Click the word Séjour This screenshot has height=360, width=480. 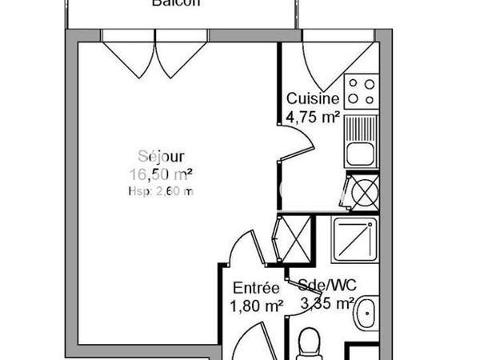point(161,157)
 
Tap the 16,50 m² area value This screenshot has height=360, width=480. point(161,174)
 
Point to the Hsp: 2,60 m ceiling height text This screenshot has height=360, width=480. point(161,191)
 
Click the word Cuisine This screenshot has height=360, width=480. point(313,99)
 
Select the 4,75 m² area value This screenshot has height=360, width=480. point(313,116)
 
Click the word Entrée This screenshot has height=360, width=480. point(256,288)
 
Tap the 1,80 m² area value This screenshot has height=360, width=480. point(256,305)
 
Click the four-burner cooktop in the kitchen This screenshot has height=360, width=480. point(360,91)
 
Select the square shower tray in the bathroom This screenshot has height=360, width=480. point(355,241)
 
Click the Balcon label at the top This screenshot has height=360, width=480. point(176,3)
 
